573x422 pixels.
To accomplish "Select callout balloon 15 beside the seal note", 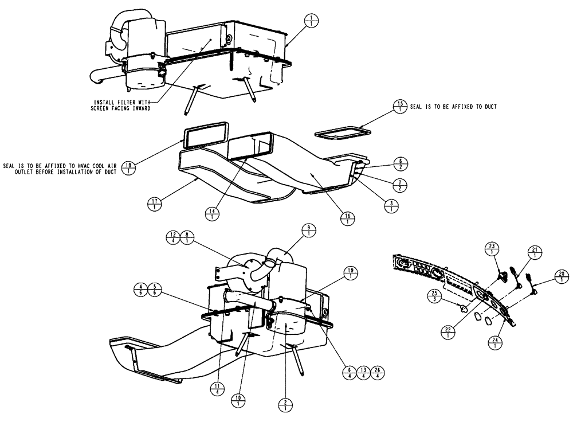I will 399,106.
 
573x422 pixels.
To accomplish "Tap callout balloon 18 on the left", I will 131,167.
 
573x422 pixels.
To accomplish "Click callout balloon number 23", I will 492,249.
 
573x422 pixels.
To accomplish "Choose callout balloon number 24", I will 493,343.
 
